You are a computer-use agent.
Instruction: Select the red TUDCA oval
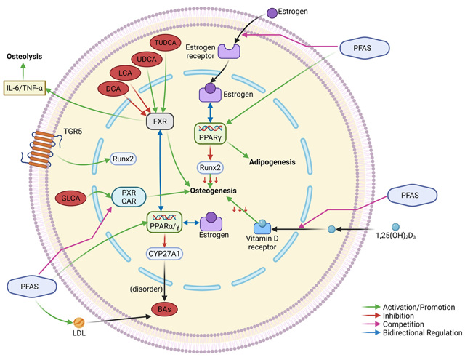[169, 43]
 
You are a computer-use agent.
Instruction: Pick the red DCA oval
[114, 88]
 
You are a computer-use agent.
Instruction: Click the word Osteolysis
[25, 55]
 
